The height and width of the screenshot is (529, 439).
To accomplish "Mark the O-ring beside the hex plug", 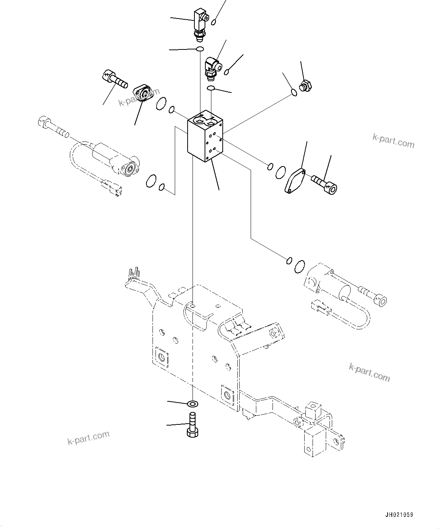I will coord(294,92).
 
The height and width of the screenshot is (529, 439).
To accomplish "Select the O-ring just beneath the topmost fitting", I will coord(200,49).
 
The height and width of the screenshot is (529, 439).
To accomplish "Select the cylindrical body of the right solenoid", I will coord(332,284).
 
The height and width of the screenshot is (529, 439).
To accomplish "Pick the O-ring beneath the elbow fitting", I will coord(212,88).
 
